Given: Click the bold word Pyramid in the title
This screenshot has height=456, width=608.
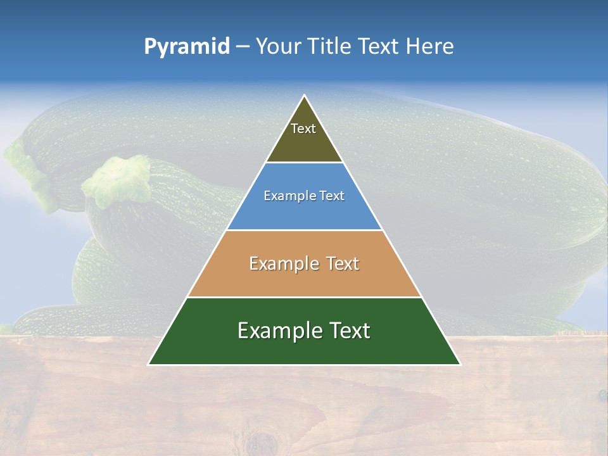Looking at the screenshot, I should pos(187,46).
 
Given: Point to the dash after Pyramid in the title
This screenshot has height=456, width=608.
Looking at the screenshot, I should pos(243,47).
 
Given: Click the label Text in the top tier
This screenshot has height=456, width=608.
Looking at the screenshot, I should pos(303,129).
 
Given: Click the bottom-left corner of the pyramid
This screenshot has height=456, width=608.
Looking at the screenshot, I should pos(149,364).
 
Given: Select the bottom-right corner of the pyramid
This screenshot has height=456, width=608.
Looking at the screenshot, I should pos(459,364).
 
